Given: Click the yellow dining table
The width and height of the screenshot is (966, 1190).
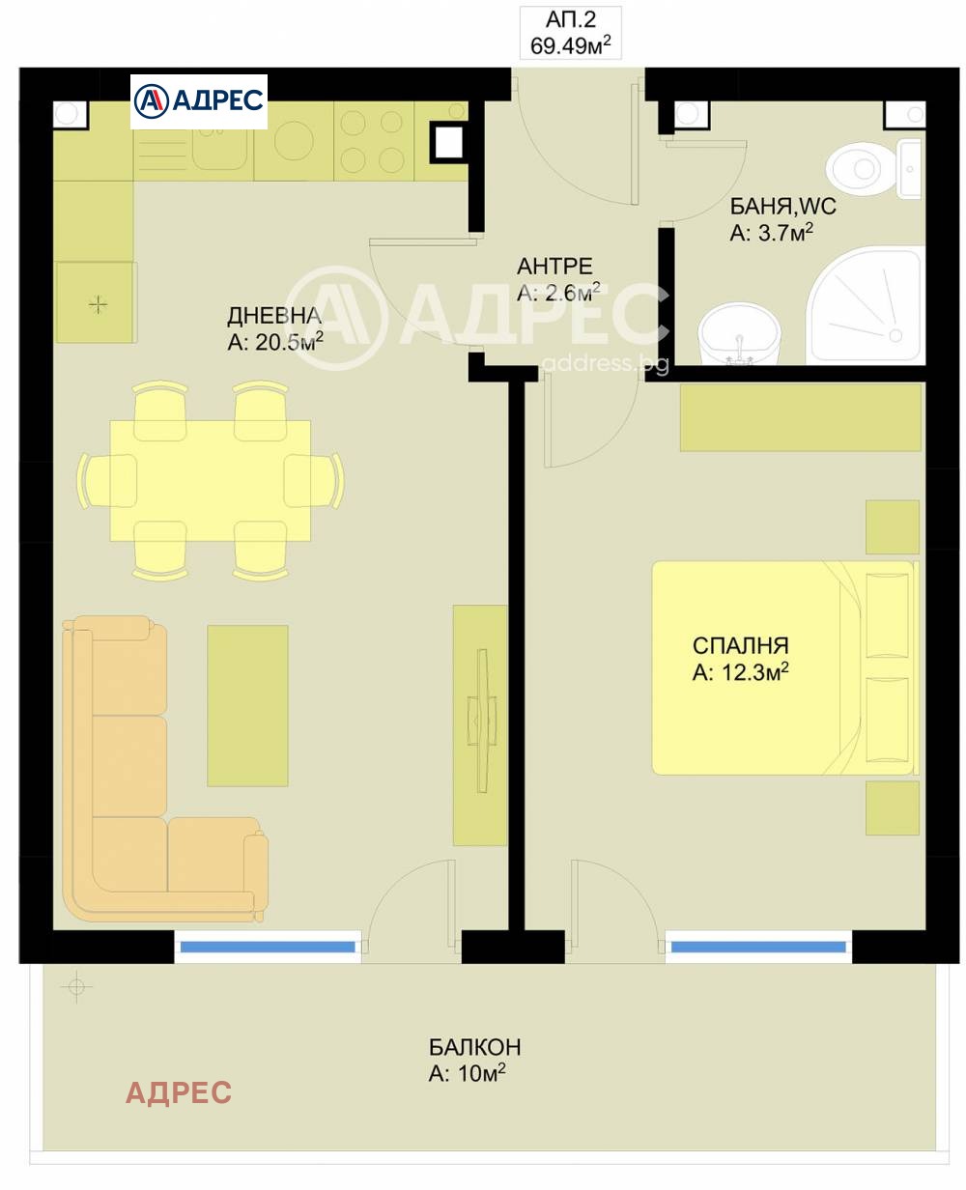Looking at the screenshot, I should pyautogui.click(x=210, y=480).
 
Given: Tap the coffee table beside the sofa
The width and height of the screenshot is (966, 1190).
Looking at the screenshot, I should pyautogui.click(x=247, y=704).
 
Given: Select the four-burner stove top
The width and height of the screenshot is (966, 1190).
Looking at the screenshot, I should pyautogui.click(x=373, y=141).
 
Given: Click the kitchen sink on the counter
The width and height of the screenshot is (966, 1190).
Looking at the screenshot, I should pyautogui.click(x=213, y=145).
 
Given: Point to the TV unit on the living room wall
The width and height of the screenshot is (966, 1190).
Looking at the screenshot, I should pyautogui.click(x=480, y=724).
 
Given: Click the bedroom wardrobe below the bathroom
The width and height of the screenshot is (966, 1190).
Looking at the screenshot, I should pyautogui.click(x=801, y=418).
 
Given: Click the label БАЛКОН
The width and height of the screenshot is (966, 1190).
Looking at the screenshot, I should pyautogui.click(x=475, y=1047).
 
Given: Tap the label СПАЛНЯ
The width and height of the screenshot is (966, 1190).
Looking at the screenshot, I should pyautogui.click(x=740, y=645).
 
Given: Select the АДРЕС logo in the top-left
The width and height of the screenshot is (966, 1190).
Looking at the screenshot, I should pyautogui.click(x=199, y=100).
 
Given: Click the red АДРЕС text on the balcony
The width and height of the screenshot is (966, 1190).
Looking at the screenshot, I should pyautogui.click(x=179, y=1092).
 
